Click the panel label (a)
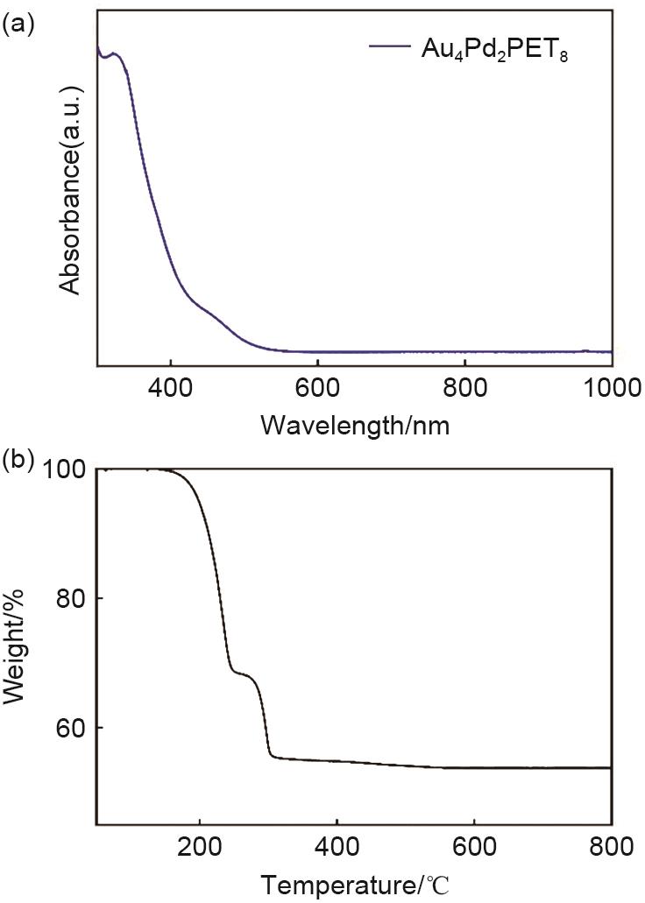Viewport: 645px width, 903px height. pos(19,25)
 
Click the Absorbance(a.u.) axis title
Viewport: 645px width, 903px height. pos(72,189)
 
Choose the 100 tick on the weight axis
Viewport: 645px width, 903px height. pos(65,469)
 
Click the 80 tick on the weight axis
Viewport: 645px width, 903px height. pos(72,598)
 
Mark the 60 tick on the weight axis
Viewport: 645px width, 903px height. pos(72,728)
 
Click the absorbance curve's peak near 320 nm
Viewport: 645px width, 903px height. pos(114,54)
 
